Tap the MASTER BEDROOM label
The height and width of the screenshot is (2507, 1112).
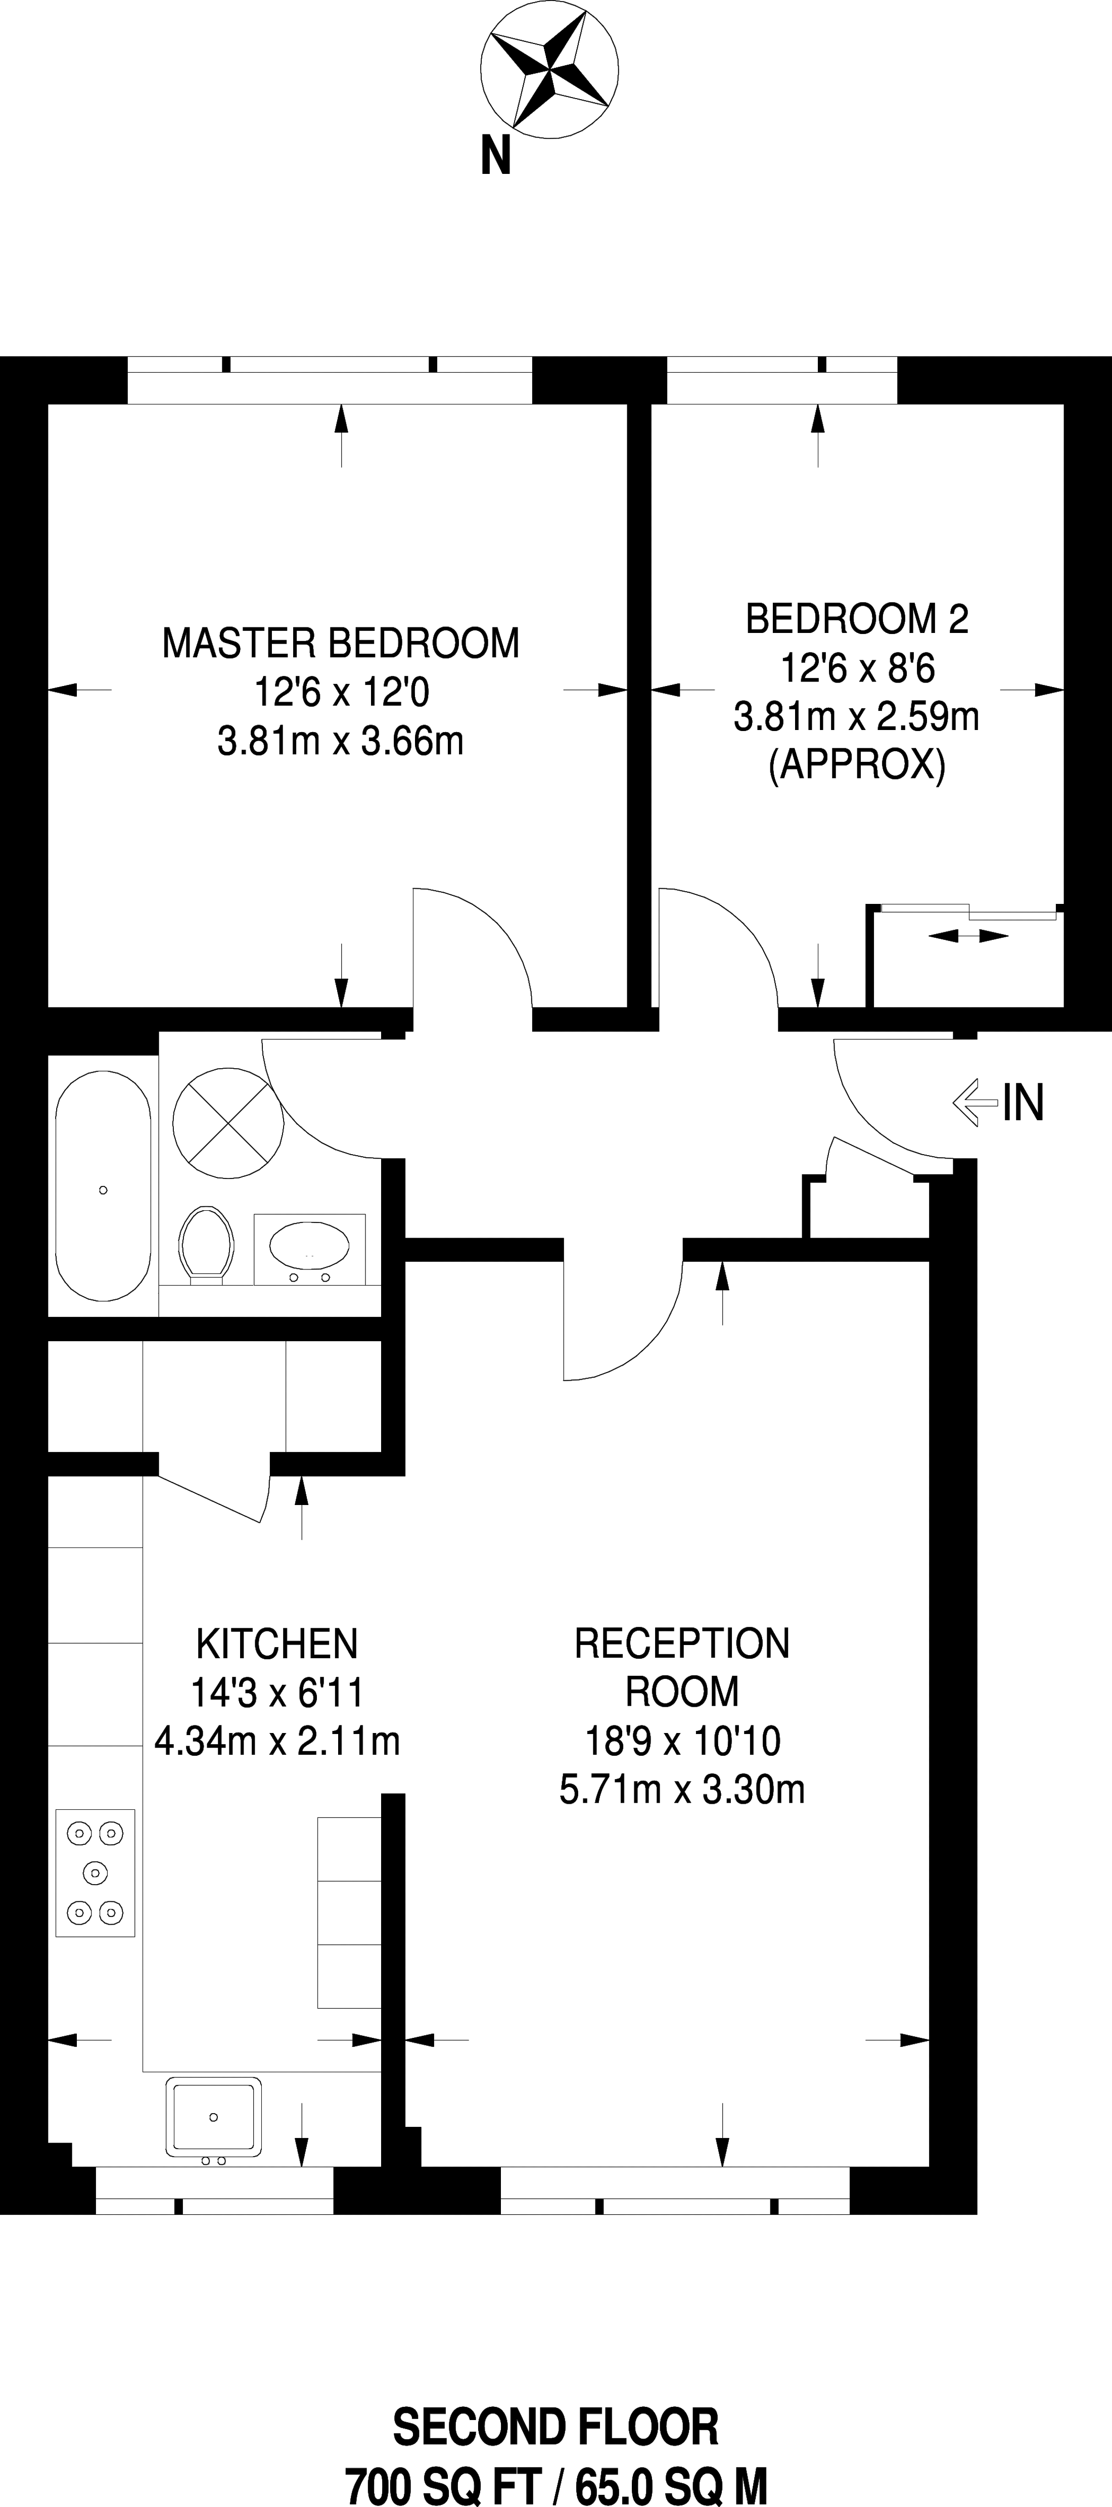click(341, 643)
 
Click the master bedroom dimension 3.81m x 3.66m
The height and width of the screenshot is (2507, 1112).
click(341, 742)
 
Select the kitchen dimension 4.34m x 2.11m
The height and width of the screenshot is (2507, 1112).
click(277, 1741)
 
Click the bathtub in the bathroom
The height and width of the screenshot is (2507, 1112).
click(103, 1186)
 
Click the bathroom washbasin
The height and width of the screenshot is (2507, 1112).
click(309, 1249)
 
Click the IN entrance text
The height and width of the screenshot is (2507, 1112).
click(1024, 1103)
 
